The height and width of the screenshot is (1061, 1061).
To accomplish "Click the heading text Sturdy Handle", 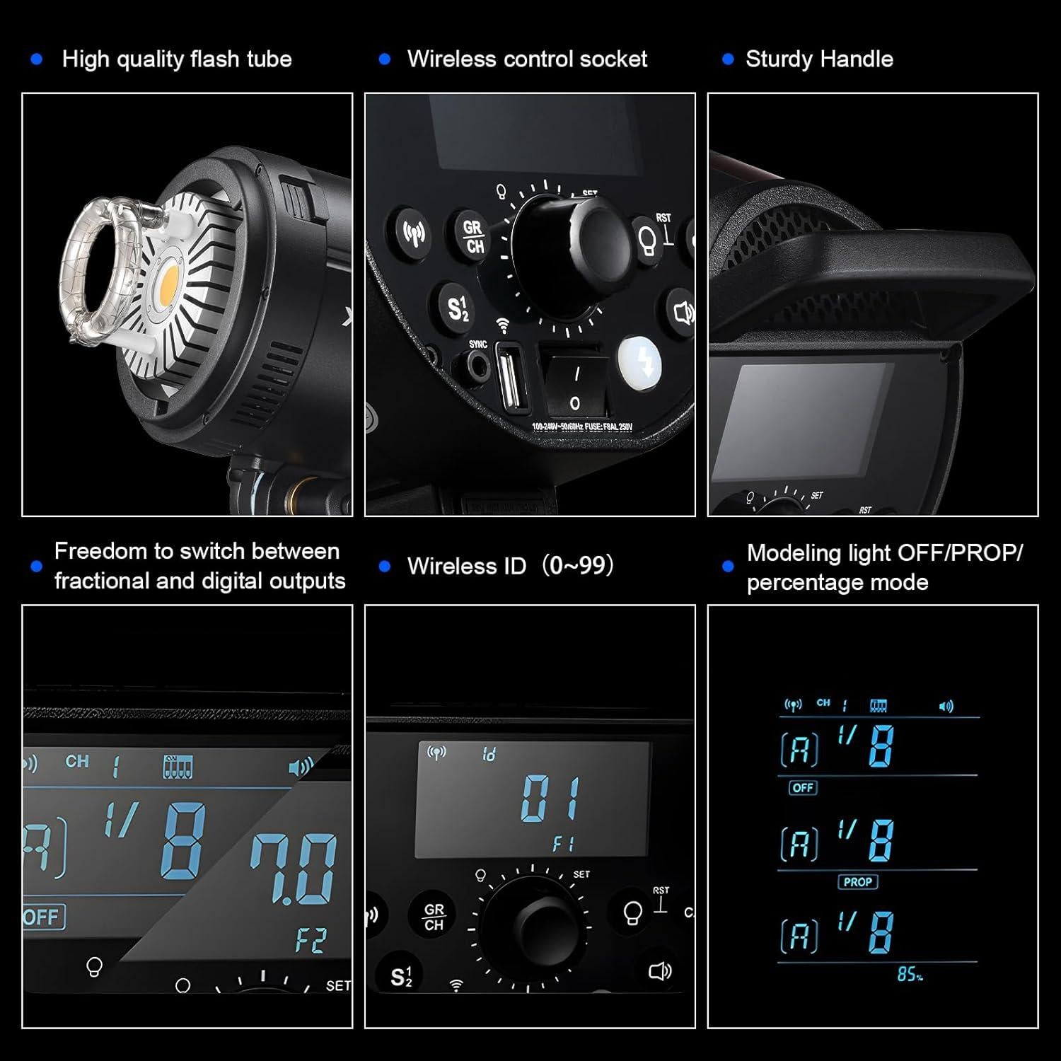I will coord(818,59).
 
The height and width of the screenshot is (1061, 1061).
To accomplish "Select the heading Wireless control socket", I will coord(527,59).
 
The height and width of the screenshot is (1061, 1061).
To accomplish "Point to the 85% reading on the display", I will coord(910,975).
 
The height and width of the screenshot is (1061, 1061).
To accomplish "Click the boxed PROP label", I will coord(857,882).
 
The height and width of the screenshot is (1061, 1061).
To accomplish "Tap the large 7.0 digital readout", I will coord(294,869).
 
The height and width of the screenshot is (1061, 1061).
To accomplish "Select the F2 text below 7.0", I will coord(310,941).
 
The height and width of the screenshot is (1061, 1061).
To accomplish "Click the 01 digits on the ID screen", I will coord(551,799).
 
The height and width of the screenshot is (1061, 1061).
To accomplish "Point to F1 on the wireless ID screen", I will coord(563,844).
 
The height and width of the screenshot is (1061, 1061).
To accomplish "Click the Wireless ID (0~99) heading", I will coord(510,567).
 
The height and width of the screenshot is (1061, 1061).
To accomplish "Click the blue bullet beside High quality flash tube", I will coord(37,59).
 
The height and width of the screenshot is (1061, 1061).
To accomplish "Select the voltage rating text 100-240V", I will coord(581,427).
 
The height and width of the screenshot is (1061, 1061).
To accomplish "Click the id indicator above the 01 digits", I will coord(489,755).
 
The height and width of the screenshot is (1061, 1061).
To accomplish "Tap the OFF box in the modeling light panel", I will coord(803,787).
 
